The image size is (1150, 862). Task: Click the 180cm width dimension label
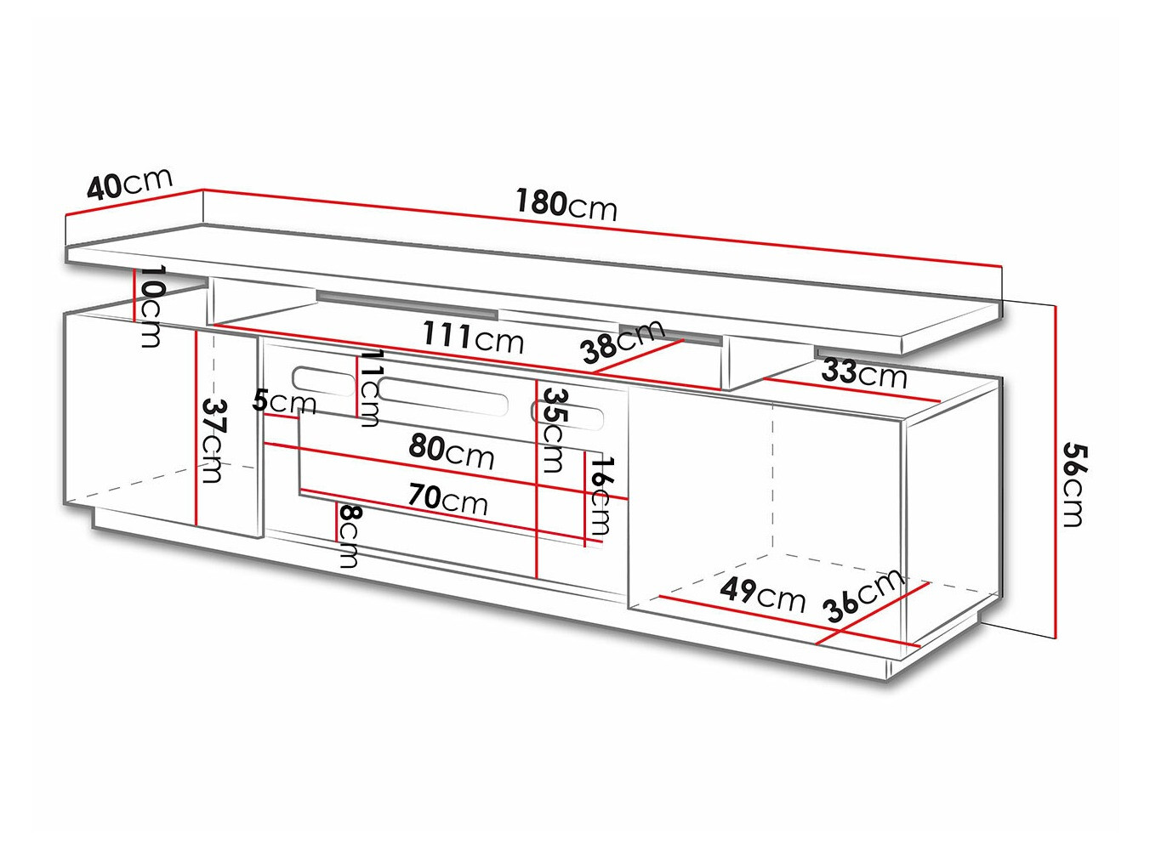click(x=566, y=204)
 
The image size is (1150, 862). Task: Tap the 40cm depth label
click(x=129, y=183)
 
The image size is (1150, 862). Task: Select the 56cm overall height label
click(x=1073, y=485)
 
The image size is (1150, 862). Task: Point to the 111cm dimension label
click(x=473, y=337)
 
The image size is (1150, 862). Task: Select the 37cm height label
click(x=212, y=440)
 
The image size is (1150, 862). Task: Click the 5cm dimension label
click(x=284, y=400)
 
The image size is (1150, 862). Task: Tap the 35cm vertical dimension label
click(x=554, y=429)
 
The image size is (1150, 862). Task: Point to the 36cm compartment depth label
click(x=862, y=595)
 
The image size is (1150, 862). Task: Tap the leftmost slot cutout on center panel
click(x=323, y=382)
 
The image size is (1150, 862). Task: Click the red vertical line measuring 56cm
click(x=1055, y=472)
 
